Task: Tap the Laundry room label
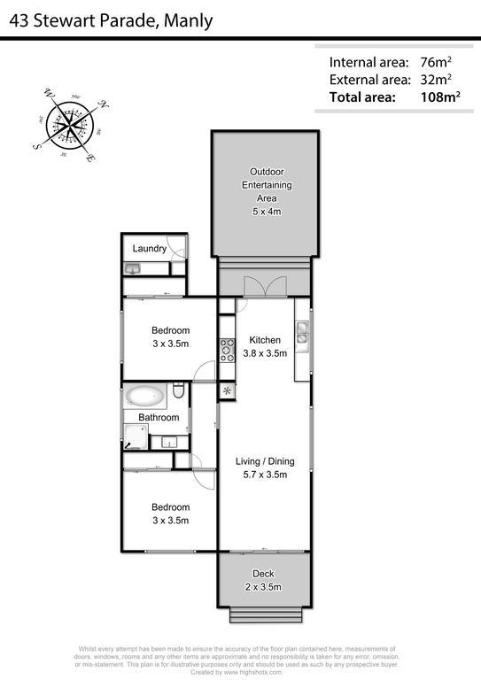(150, 249)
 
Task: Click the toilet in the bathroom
(178, 390)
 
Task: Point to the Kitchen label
(265, 340)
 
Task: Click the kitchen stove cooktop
(227, 351)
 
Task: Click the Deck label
(264, 574)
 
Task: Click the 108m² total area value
(440, 97)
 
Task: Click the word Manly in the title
(187, 20)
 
